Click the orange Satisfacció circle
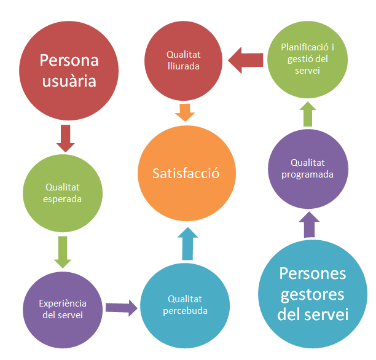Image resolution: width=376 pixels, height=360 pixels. tap(186, 174)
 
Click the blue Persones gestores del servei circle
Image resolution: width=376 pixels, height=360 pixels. tap(313, 294)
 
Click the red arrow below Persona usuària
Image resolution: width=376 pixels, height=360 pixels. tap(65, 138)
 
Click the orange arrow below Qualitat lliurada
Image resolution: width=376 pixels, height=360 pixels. tap(184, 112)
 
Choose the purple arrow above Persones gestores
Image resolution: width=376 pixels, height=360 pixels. tap(309, 225)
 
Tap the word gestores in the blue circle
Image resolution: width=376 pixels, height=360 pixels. tap(312, 294)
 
